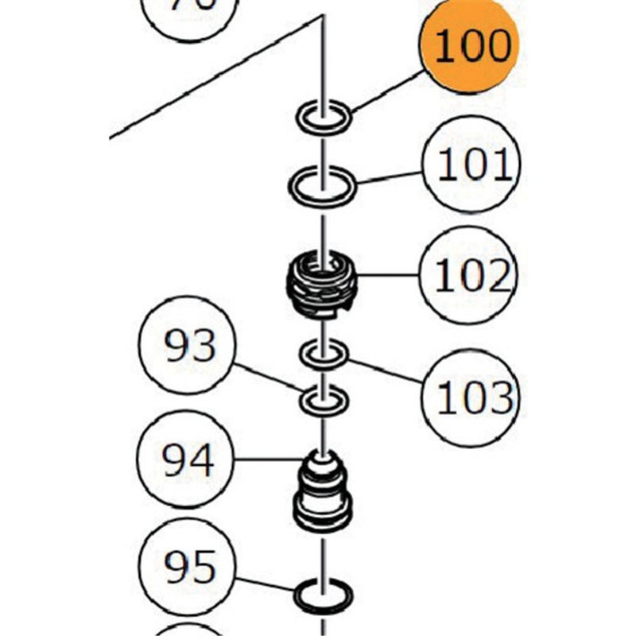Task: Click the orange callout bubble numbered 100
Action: (x=470, y=45)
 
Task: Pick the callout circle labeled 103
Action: (x=471, y=394)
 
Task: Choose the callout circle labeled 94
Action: (x=188, y=460)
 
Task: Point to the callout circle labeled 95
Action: (x=188, y=567)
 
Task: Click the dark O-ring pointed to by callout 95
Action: (x=323, y=595)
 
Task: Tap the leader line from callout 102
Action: (x=390, y=276)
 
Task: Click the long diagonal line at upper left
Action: (x=215, y=79)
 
